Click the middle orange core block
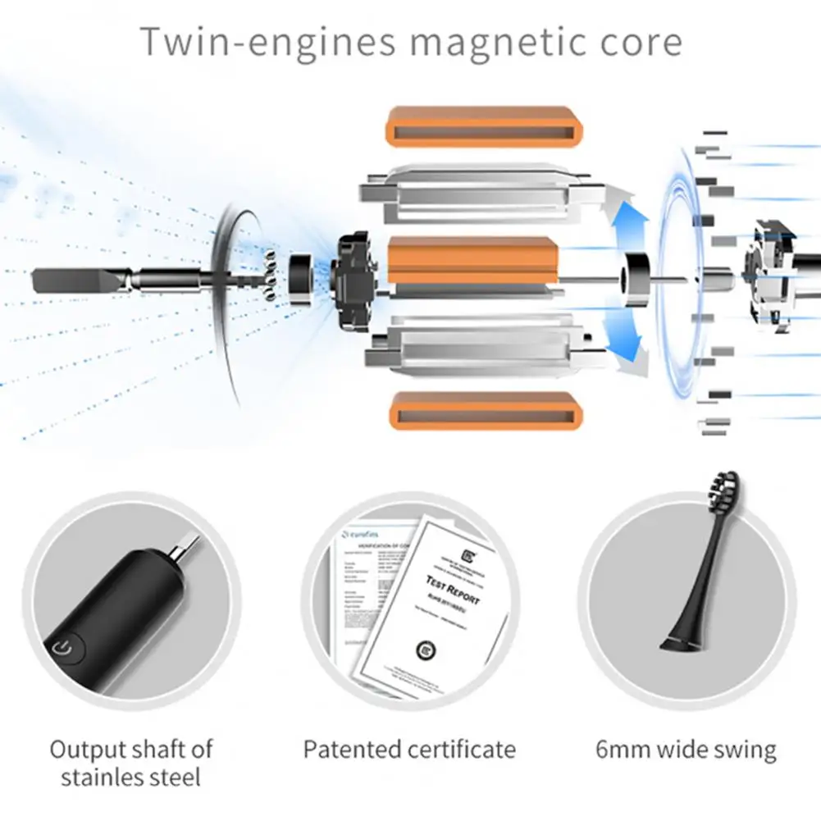[472, 259]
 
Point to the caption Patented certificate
[409, 749]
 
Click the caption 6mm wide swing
[686, 749]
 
